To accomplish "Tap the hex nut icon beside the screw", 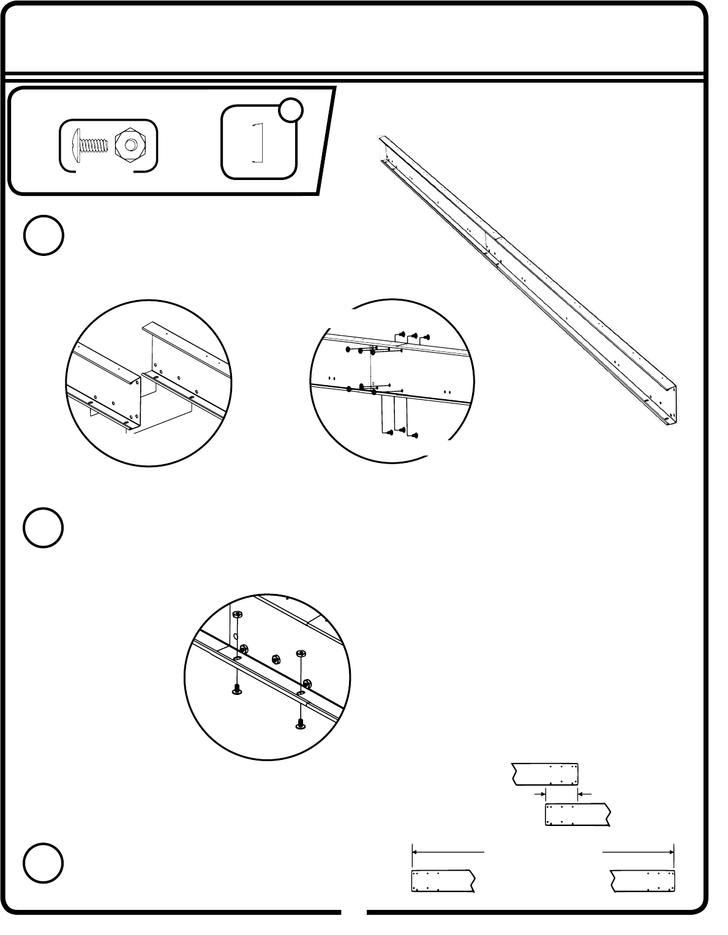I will coord(129,145).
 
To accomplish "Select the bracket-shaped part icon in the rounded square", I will coord(258,143).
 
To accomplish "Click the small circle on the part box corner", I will coord(291,110).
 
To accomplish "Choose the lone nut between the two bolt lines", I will coord(276,659).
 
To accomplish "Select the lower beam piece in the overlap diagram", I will coord(578,815).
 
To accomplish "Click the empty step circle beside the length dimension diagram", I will coord(44,863).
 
